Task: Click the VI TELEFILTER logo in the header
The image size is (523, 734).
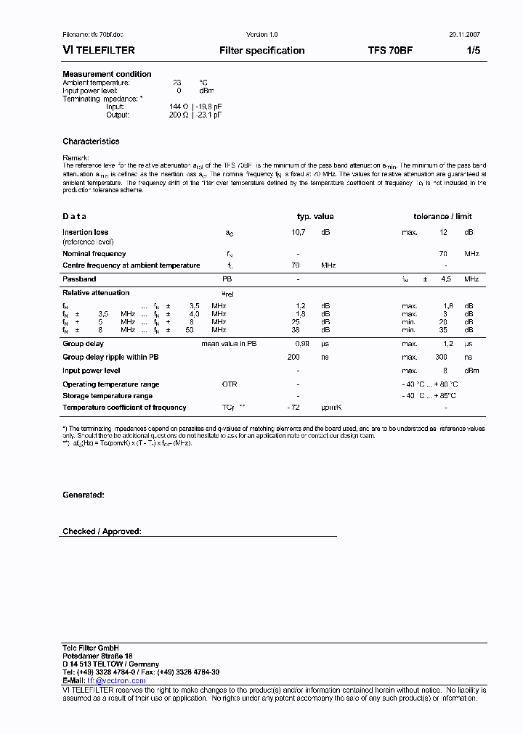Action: click(x=99, y=51)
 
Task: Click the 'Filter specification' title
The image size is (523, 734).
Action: click(x=261, y=51)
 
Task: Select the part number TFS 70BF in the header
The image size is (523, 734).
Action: click(x=390, y=51)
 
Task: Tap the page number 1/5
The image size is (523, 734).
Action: click(x=472, y=51)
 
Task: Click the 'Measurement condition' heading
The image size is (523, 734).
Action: click(x=107, y=74)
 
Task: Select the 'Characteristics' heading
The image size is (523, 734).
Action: click(x=91, y=141)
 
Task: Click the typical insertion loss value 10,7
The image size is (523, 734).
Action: click(x=299, y=232)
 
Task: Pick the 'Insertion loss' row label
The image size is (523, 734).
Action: click(x=85, y=232)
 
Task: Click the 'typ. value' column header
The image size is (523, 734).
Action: click(x=315, y=216)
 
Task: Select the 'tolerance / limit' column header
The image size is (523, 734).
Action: click(x=442, y=216)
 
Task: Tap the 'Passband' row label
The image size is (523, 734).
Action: click(x=79, y=279)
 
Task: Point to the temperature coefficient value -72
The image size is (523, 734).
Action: click(x=294, y=408)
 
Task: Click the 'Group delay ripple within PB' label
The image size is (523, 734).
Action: click(x=110, y=357)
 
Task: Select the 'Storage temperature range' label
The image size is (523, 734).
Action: click(x=108, y=396)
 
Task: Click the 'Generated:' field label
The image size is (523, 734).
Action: click(x=83, y=495)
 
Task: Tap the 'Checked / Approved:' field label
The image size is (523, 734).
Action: click(x=102, y=532)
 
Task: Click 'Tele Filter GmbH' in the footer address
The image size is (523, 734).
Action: click(x=91, y=647)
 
